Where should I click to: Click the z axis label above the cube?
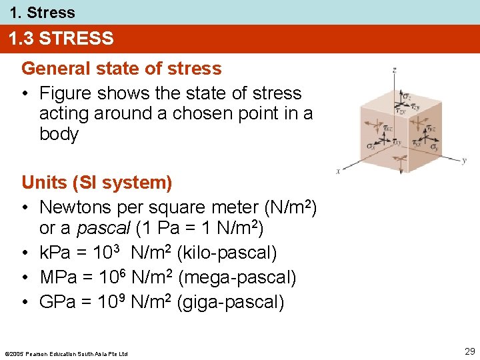pyautogui.click(x=395, y=69)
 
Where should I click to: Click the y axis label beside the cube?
pyautogui.click(x=464, y=161)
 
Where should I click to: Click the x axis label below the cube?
pyautogui.click(x=339, y=171)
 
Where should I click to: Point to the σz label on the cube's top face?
pyautogui.click(x=407, y=97)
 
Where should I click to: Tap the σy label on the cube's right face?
pyautogui.click(x=433, y=146)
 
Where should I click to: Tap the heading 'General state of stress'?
pyautogui.click(x=121, y=69)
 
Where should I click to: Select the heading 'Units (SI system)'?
pyautogui.click(x=97, y=182)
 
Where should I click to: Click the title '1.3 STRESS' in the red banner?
pyautogui.click(x=61, y=39)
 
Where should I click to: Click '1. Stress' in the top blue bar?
pyautogui.click(x=42, y=12)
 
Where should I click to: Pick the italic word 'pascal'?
pyautogui.click(x=103, y=228)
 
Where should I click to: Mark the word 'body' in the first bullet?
pyautogui.click(x=59, y=134)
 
